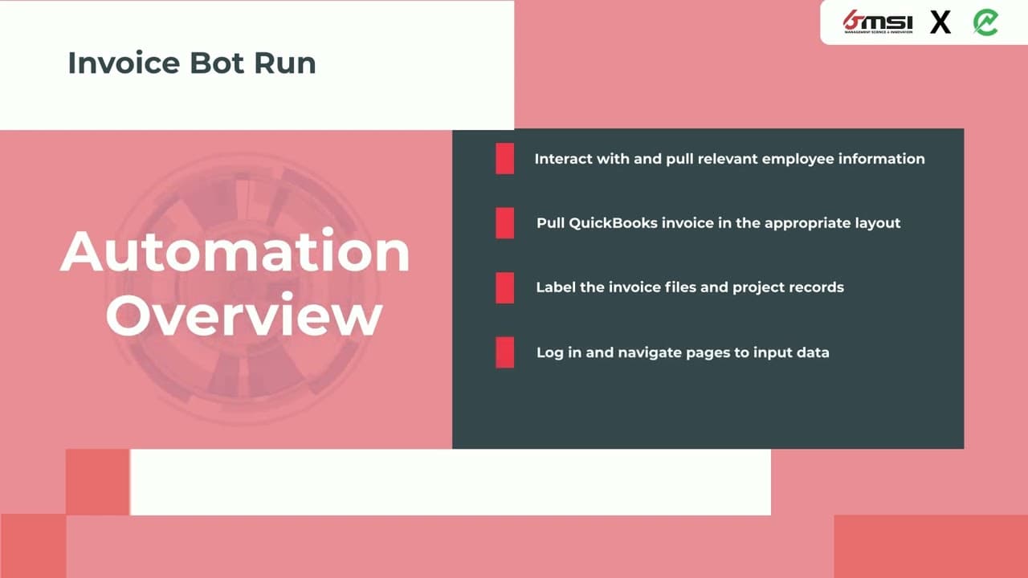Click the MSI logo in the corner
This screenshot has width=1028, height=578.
(878, 22)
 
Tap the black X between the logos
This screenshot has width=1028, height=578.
(940, 22)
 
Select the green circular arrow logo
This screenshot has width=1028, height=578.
(985, 22)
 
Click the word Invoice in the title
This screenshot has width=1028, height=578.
(124, 63)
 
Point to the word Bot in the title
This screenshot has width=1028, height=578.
(217, 63)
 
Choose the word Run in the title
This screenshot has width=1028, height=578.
(285, 63)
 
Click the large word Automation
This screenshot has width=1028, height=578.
(235, 251)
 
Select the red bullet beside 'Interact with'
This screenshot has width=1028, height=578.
(505, 159)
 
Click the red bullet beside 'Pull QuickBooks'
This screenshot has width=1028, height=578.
(505, 223)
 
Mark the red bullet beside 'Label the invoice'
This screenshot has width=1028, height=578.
(505, 287)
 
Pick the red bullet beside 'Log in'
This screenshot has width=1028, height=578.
(505, 352)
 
